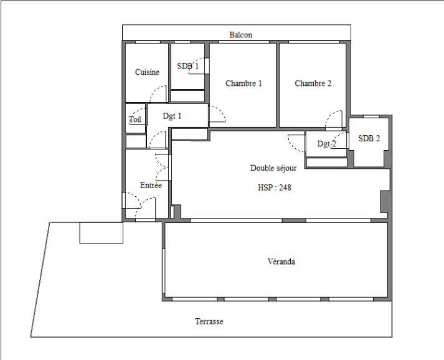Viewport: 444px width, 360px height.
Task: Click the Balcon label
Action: coord(241,35)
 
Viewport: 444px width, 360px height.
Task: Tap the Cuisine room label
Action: coord(147,72)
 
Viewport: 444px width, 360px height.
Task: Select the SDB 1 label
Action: coord(187,66)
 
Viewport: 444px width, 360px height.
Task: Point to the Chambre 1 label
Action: coord(243,83)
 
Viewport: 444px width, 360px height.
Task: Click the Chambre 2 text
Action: coord(313,83)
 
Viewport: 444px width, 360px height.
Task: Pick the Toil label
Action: coord(135,119)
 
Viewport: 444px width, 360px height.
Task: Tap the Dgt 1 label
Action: coord(172,116)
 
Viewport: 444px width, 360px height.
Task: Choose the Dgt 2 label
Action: coord(326,144)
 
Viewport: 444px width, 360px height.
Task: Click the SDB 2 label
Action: coord(369,138)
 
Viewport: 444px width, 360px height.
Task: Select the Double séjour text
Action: coord(273,168)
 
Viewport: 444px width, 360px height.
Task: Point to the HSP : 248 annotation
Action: coord(275,187)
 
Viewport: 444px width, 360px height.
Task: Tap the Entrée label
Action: coord(151,185)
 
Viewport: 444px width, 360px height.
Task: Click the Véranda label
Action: coord(281,262)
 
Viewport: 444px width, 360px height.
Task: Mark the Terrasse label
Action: coord(209,321)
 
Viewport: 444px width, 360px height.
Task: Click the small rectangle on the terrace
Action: coord(101,232)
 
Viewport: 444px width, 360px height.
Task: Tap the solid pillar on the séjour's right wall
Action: coord(384,201)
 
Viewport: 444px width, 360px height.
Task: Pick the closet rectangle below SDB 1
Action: coord(187,96)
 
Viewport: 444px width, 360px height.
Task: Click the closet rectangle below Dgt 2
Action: coord(326,163)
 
